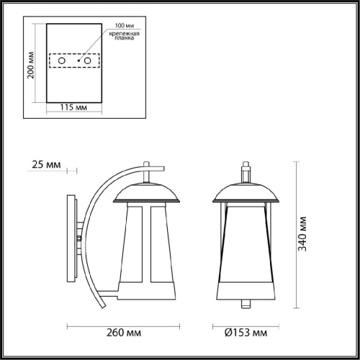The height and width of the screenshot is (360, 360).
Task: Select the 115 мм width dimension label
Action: [x=73, y=107]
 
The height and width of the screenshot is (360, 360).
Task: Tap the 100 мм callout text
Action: [x=125, y=25]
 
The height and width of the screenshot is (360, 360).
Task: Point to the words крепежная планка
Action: [x=125, y=35]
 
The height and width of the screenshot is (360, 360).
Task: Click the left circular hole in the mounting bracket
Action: [x=62, y=60]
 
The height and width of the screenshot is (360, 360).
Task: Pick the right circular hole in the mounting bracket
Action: [x=87, y=60]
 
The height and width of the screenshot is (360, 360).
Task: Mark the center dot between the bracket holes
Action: [x=78, y=60]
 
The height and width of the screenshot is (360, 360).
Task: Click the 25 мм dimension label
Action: [x=46, y=165]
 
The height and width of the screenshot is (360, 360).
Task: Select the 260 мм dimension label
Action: [x=124, y=333]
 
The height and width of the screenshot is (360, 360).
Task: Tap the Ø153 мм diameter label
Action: [x=246, y=333]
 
